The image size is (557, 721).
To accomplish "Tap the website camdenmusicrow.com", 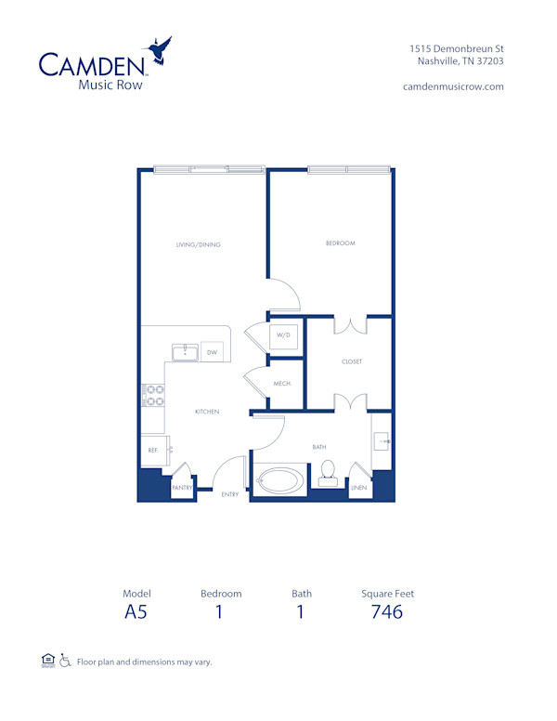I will [453, 86].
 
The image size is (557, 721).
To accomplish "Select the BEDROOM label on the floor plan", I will [340, 243].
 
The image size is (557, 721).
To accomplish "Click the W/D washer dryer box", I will [284, 336].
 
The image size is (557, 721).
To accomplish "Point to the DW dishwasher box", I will [211, 352].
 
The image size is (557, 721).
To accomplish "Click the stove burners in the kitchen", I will [153, 396].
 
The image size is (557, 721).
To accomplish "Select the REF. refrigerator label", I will [152, 450].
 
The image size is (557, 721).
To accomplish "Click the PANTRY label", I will [183, 486].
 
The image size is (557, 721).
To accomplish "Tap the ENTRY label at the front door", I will [229, 494].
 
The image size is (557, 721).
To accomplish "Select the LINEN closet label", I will [359, 486].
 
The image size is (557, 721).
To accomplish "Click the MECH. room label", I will [283, 384].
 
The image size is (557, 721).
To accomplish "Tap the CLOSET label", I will [351, 361].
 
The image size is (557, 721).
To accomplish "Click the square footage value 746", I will [387, 612].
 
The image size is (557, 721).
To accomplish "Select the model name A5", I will [136, 612].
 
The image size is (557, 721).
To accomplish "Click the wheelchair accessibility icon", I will [65, 662].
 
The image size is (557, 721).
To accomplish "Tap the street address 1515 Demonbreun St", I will [457, 48].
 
